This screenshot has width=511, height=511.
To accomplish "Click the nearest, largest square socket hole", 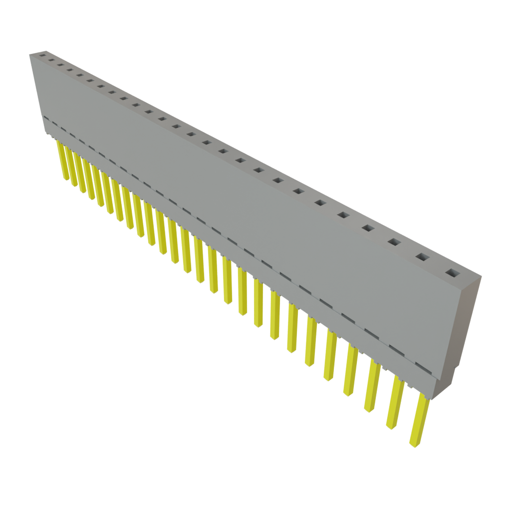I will pos(451,273).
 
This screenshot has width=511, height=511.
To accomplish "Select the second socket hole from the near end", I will pos(422,257).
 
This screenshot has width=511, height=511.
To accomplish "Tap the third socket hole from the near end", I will pos(394,243).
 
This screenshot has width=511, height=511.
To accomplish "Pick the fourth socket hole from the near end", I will pos(368,228).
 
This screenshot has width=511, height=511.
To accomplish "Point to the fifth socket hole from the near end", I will pos(343,215).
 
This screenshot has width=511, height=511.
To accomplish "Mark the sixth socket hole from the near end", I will pos(320,203).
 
